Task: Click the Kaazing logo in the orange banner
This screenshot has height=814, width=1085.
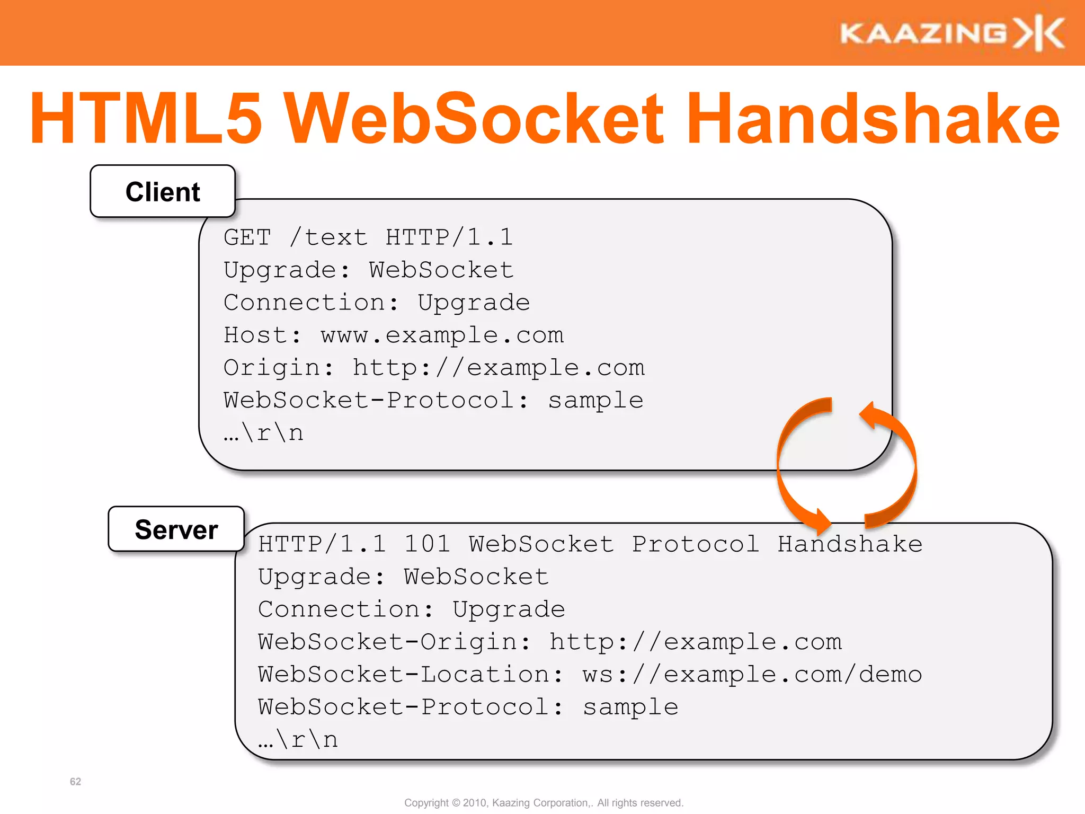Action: (951, 33)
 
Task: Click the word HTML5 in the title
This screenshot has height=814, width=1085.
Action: (146, 119)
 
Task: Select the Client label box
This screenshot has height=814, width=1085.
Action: (163, 191)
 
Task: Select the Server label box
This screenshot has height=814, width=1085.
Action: (176, 529)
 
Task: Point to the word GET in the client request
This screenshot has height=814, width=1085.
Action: (247, 237)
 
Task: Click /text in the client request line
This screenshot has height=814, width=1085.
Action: (328, 237)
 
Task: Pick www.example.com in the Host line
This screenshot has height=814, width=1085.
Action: (442, 335)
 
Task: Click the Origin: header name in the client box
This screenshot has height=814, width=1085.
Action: (279, 368)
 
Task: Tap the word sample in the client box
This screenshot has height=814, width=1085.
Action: (595, 401)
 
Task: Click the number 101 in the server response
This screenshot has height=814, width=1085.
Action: (427, 544)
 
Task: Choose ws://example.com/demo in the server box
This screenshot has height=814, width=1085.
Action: (752, 675)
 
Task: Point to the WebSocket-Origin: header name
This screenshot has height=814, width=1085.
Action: (394, 642)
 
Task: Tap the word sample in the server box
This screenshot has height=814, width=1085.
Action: (630, 707)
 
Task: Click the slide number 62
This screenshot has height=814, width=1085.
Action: (75, 782)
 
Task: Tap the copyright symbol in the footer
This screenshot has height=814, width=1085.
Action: (456, 803)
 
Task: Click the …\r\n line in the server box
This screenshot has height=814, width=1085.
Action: (298, 740)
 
